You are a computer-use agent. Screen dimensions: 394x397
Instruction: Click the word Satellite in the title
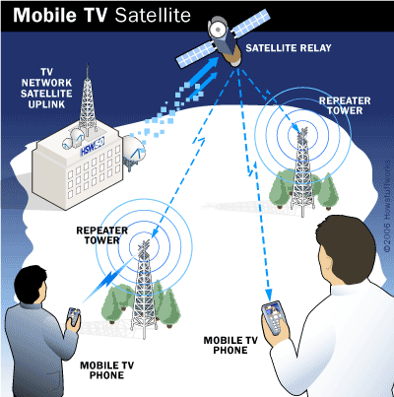click(153, 15)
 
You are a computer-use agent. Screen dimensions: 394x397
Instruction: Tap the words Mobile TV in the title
click(61, 15)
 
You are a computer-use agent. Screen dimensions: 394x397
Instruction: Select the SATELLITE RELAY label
click(289, 48)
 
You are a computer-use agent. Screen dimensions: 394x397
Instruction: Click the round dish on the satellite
click(217, 31)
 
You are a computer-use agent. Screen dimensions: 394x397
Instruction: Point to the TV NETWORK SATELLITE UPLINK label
click(46, 88)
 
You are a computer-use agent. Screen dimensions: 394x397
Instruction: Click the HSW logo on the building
click(93, 147)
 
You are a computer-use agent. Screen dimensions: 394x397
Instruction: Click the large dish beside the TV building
click(133, 151)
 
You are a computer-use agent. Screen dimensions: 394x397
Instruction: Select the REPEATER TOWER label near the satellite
click(345, 105)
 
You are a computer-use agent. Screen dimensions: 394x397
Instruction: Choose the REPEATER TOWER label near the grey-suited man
click(101, 235)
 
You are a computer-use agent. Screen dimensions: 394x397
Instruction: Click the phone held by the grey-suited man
click(74, 316)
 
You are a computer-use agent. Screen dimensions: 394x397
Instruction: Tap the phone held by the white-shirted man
click(275, 317)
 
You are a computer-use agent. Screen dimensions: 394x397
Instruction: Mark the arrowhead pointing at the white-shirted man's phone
click(269, 294)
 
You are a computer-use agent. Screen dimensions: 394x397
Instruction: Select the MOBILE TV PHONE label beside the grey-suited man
click(106, 370)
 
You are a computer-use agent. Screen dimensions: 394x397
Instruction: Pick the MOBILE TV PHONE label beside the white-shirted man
click(230, 345)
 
